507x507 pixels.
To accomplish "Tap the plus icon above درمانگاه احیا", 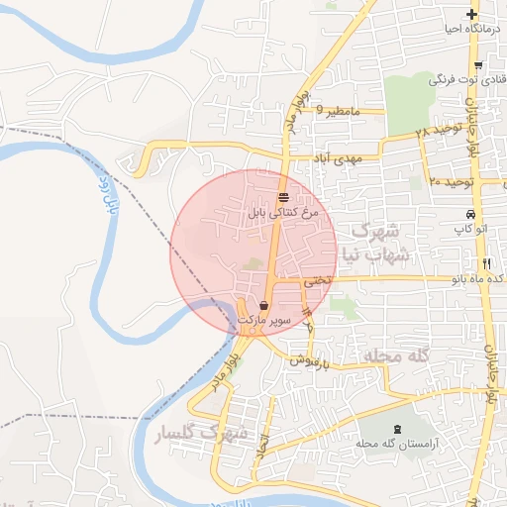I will pyautogui.click(x=472, y=15).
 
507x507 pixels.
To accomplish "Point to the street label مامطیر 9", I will pyautogui.click(x=335, y=111).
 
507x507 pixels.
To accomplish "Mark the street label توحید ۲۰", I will pyautogui.click(x=454, y=182).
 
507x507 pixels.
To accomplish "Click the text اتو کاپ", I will pyautogui.click(x=471, y=230).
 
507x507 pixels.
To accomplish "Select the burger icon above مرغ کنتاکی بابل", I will pyautogui.click(x=283, y=196).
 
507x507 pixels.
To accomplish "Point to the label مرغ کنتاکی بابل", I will pyautogui.click(x=284, y=212).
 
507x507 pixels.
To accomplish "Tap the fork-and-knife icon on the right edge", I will pyautogui.click(x=486, y=263).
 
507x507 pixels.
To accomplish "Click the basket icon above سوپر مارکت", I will pyautogui.click(x=264, y=305).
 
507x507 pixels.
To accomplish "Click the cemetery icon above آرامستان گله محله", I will pyautogui.click(x=398, y=428).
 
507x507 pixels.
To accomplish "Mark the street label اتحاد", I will pyautogui.click(x=262, y=448).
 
